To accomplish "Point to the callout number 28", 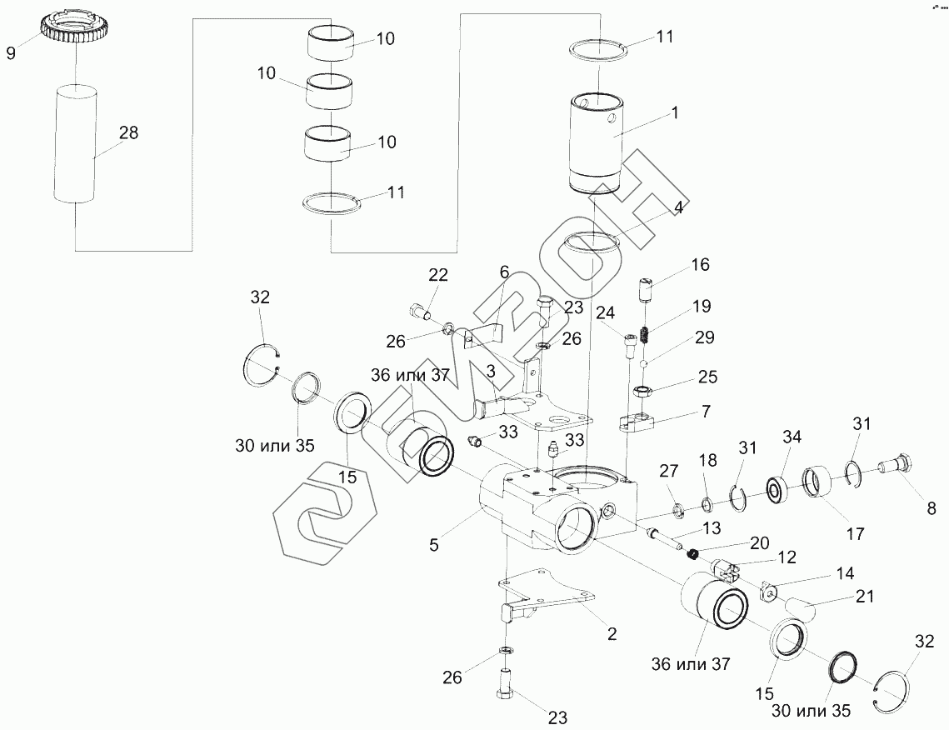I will [129, 132].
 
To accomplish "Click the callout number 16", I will [699, 265].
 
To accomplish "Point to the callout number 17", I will [856, 533].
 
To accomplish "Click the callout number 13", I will [713, 527].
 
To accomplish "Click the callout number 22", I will [438, 276].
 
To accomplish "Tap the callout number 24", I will [605, 312].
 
